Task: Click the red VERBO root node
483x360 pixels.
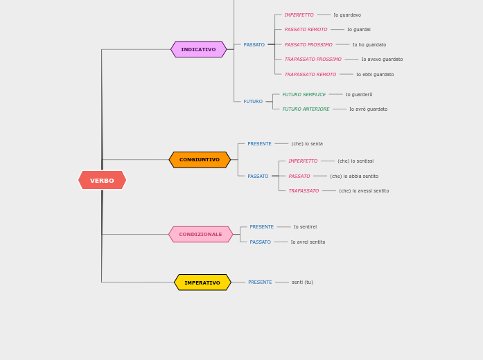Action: tap(102, 181)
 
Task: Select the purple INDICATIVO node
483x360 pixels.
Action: tap(198, 50)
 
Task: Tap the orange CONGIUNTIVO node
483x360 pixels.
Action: tap(200, 160)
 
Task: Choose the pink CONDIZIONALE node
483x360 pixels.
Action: tap(200, 235)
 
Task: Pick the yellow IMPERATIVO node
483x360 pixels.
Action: tap(202, 282)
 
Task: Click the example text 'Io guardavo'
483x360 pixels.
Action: tap(347, 15)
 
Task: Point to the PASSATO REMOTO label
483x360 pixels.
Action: tap(306, 30)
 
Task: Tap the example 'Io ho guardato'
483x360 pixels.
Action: tap(369, 45)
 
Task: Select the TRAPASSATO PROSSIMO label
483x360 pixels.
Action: tap(313, 60)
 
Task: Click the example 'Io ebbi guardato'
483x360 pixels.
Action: tap(375, 75)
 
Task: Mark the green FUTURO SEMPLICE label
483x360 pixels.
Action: tap(304, 95)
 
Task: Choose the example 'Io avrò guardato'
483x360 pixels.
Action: tap(368, 109)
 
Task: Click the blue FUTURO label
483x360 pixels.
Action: tap(253, 102)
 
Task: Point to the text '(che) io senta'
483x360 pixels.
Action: tap(307, 144)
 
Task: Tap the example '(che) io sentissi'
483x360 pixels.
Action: tap(355, 161)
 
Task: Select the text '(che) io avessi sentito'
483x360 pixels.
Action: tap(364, 191)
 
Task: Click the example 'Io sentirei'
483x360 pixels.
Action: tap(305, 227)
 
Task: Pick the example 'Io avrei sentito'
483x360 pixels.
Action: tap(308, 242)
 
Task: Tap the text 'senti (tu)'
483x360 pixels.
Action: tap(302, 282)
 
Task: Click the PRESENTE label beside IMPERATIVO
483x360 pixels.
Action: tap(260, 282)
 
